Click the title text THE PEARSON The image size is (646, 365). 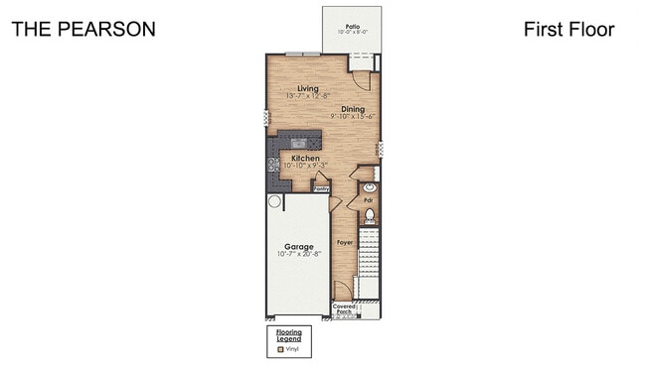(x=83, y=29)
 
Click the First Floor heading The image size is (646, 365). (x=568, y=29)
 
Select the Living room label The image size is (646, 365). (x=293, y=89)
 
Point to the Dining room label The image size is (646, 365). (x=353, y=109)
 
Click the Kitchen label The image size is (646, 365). (x=304, y=158)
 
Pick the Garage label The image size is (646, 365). (x=298, y=246)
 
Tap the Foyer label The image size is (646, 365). (x=345, y=242)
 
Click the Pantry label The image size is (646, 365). (x=322, y=187)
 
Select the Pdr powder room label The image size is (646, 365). (x=368, y=199)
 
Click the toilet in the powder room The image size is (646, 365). (x=369, y=215)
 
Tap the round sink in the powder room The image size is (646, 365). (x=369, y=185)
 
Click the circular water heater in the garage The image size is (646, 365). (x=274, y=201)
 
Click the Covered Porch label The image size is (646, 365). (x=344, y=309)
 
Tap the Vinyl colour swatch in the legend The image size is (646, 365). (x=280, y=348)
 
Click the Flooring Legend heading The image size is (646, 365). (x=288, y=335)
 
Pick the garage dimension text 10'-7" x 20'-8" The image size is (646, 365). (x=298, y=255)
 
